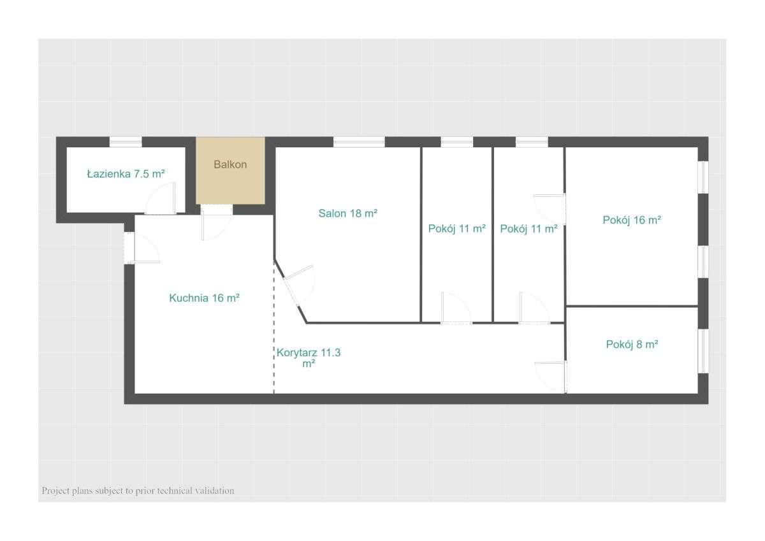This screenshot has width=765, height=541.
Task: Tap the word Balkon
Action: (230, 164)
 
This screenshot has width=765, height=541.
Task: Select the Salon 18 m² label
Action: (348, 213)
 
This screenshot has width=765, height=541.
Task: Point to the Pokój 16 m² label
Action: (632, 220)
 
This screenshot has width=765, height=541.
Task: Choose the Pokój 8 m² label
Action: (632, 344)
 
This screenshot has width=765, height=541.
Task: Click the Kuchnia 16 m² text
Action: (204, 298)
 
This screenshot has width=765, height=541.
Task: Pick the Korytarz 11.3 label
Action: (309, 352)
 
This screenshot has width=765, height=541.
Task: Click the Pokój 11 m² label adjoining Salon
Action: (457, 229)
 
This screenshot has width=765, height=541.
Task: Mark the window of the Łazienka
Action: (126, 142)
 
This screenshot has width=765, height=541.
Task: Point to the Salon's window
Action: (359, 142)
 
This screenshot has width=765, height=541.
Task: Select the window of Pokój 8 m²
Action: (703, 350)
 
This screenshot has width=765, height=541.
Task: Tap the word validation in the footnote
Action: (214, 491)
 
